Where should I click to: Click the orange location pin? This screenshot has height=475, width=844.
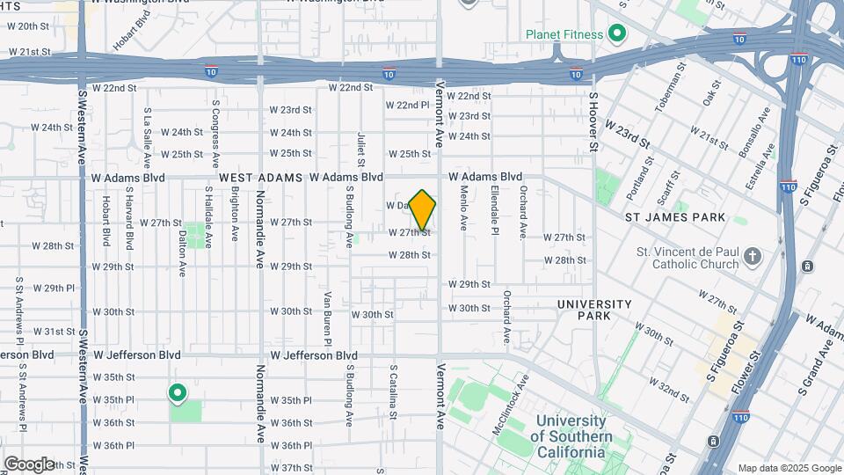423,208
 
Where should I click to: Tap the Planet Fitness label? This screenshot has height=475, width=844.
564,35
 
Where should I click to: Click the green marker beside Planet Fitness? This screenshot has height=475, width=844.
617,35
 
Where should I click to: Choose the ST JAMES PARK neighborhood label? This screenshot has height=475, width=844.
675,217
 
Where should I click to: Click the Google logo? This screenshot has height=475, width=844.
28,464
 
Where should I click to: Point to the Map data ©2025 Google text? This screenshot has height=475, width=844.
789,468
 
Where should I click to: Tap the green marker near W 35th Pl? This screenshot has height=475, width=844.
178,393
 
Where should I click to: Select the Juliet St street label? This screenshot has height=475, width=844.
360,149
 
